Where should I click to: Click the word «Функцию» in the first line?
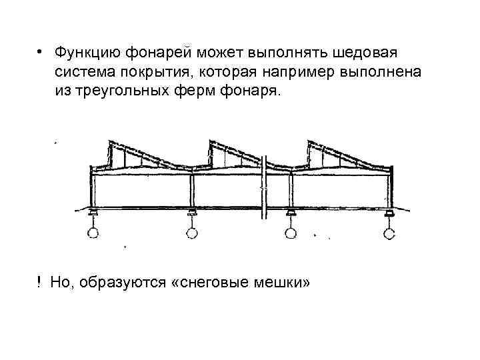[x=85, y=52]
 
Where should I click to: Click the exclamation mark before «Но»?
[x=40, y=283]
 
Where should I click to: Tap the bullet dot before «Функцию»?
[x=40, y=53]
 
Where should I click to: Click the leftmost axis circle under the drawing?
[x=93, y=233]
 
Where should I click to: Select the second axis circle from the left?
[x=192, y=233]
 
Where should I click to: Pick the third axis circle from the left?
[x=290, y=233]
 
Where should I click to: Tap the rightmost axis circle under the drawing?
[x=389, y=233]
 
